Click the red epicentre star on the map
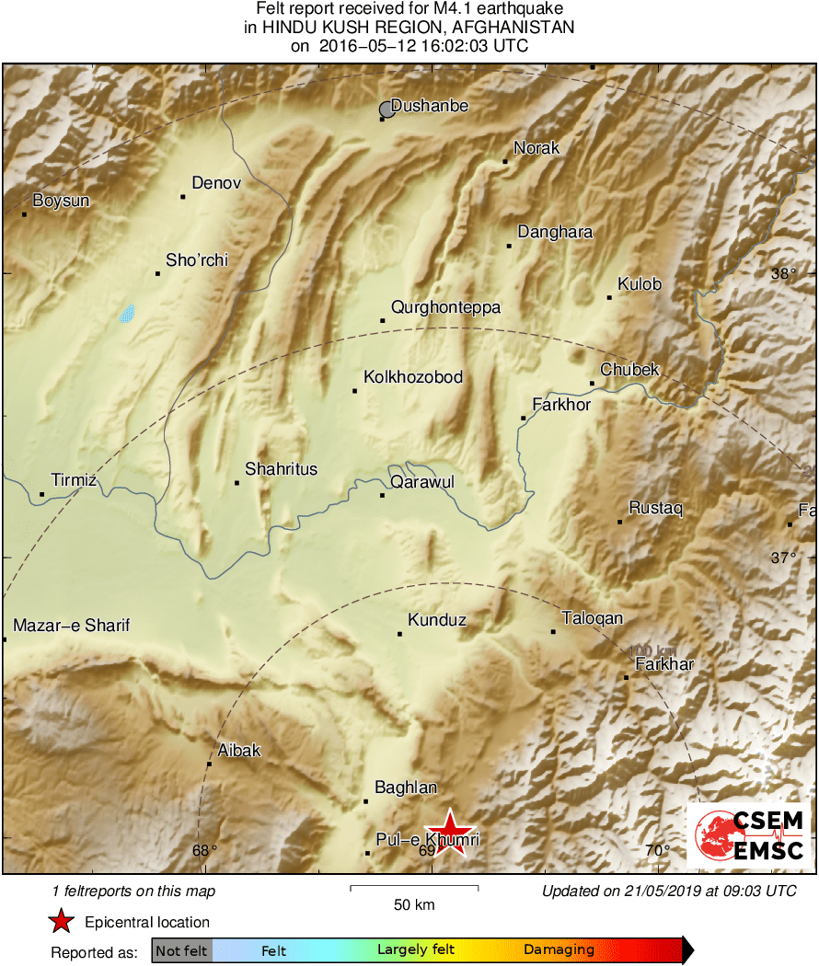tap(450, 833)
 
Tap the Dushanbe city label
tap(430, 106)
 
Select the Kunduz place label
tap(437, 620)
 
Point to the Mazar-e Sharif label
tap(71, 626)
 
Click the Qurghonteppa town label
tap(445, 307)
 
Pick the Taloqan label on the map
tap(592, 618)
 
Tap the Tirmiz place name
tap(74, 480)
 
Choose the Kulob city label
tap(640, 284)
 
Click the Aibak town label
tap(239, 751)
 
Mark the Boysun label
tap(61, 201)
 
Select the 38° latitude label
tap(783, 273)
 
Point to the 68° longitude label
tap(204, 850)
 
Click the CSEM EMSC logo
tap(749, 836)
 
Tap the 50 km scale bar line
tap(414, 888)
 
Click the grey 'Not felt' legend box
tap(181, 950)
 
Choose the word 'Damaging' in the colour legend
tap(559, 950)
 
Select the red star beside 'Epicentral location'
tap(62, 922)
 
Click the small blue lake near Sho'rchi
tap(127, 314)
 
